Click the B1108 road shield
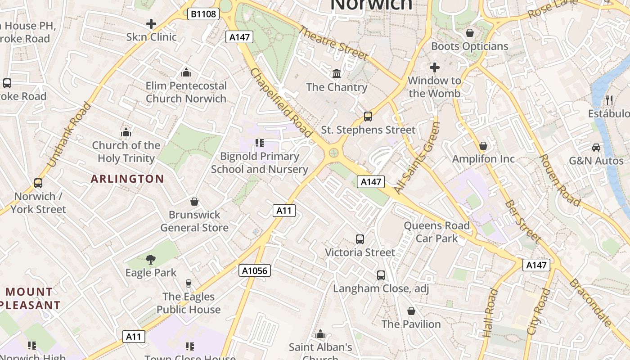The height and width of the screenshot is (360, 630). (x=204, y=14)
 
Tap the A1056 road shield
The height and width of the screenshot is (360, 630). (x=255, y=270)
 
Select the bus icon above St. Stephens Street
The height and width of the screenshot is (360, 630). (x=368, y=117)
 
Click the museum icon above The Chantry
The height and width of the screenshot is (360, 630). (x=337, y=73)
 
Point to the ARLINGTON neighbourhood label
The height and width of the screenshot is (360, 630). (x=127, y=179)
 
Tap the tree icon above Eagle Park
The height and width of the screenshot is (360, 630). (x=151, y=259)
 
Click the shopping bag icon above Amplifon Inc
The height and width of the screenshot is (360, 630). (x=483, y=146)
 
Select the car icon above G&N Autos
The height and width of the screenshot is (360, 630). (x=596, y=147)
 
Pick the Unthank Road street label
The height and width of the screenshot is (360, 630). (x=69, y=135)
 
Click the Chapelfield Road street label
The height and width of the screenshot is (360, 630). (x=281, y=103)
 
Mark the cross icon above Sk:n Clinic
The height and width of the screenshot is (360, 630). (x=151, y=24)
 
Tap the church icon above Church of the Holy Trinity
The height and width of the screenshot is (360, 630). (x=126, y=132)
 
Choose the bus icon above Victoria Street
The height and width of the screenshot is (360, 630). (x=360, y=239)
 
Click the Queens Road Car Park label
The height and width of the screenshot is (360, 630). (x=436, y=232)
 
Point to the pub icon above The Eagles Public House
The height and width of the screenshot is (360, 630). (x=189, y=283)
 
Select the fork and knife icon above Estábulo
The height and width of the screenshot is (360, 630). (x=609, y=100)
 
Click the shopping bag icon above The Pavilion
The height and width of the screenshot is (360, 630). (x=411, y=311)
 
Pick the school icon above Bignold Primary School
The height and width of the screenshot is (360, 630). (x=259, y=143)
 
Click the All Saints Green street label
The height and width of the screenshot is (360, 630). (x=417, y=158)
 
